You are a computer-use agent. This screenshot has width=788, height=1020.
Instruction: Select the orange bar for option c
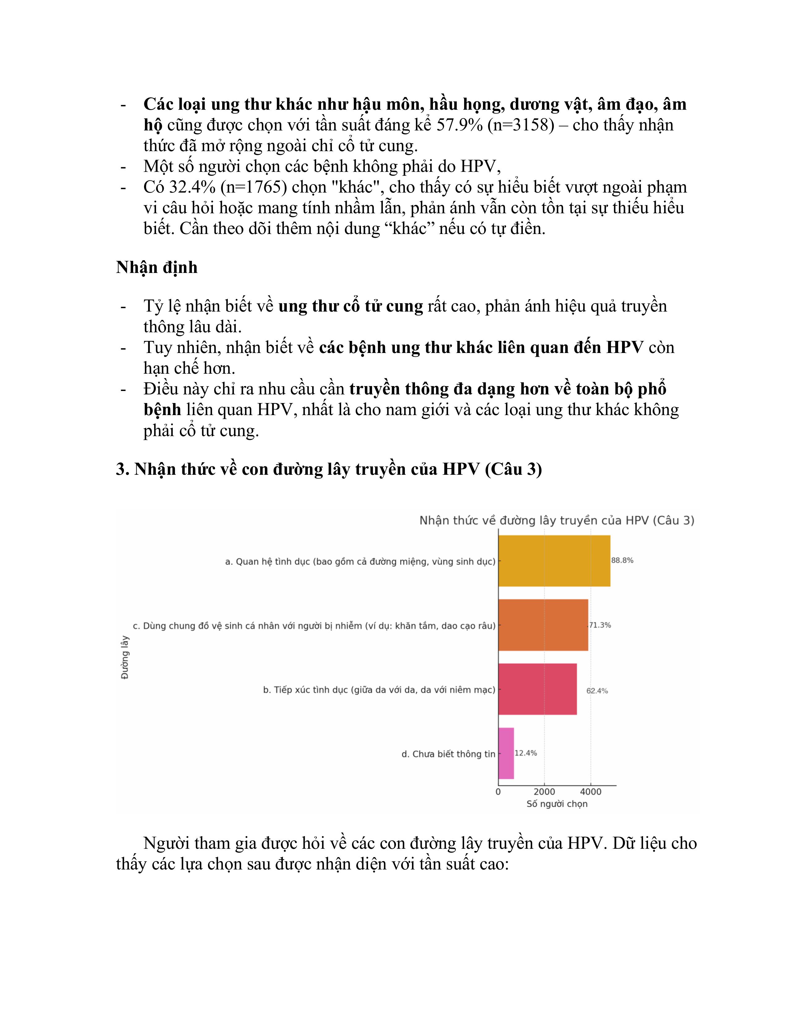543,625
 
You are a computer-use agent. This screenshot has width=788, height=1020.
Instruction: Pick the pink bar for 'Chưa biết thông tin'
506,753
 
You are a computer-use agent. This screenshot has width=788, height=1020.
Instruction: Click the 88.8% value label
622,560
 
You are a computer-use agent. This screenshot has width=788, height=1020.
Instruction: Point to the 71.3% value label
600,625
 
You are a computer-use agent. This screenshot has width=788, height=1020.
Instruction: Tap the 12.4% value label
526,753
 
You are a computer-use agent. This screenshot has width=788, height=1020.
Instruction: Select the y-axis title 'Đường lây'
125,657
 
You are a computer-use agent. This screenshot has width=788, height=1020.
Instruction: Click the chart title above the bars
557,520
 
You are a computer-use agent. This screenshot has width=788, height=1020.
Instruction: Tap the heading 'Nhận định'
157,268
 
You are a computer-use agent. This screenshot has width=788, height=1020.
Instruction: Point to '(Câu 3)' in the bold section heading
514,469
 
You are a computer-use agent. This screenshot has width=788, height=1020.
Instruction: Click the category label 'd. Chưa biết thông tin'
448,754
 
